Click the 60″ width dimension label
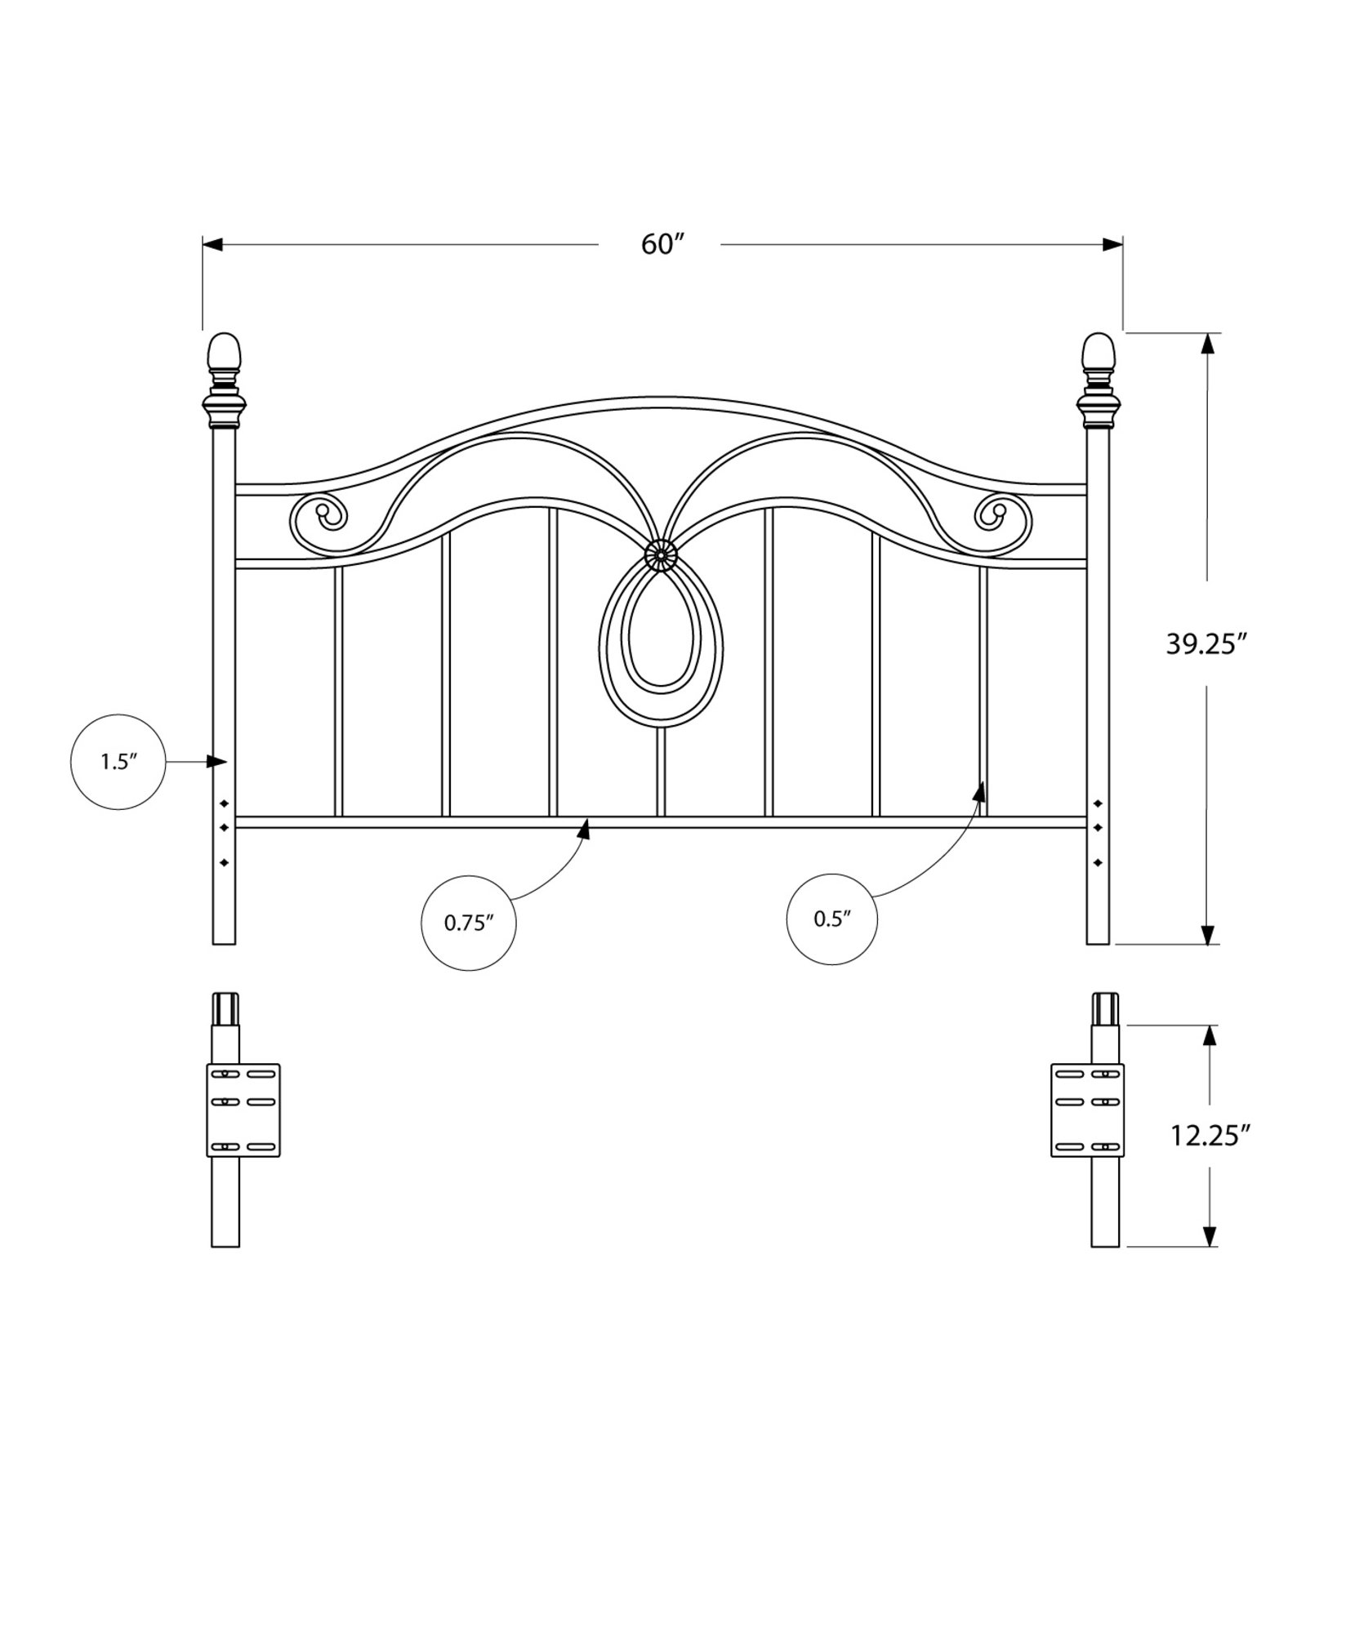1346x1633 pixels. pos(661,244)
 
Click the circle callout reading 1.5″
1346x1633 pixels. pos(118,762)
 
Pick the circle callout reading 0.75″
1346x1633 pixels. pos(469,923)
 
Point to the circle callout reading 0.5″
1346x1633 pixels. pos(832,919)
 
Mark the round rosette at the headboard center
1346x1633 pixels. pos(660,556)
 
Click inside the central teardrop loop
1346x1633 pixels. pos(661,637)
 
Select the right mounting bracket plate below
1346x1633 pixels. pos(1086,1110)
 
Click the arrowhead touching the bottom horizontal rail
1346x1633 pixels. pos(583,830)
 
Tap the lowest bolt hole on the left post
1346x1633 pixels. pos(224,862)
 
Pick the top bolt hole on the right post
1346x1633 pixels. pos(1098,803)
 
